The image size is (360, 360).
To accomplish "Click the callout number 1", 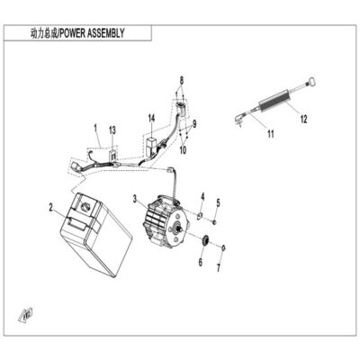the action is point(95,129).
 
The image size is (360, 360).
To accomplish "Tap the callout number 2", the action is point(51,207).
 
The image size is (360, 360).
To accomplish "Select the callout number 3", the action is point(135,198).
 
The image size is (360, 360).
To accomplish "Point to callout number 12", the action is point(304,119).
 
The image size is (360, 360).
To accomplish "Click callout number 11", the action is point(271,133).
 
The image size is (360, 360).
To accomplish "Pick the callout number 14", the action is point(151,118).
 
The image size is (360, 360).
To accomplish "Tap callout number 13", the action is point(112,130).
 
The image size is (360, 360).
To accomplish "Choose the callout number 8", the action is point(182,80).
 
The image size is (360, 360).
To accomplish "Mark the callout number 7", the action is point(219,267).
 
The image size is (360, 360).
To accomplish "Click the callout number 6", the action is point(201,262).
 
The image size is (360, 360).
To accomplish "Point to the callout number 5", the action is point(218,202).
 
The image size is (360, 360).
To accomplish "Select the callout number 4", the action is point(202,197).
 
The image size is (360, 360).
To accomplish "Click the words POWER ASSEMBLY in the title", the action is point(92,32).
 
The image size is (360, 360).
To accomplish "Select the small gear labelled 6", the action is point(205,241).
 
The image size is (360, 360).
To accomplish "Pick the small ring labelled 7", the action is point(223,247).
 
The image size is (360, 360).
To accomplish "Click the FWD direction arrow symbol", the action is point(26,315).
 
